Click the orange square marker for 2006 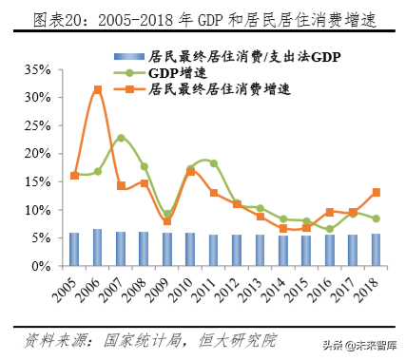coord(97,89)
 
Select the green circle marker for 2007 coord(121,138)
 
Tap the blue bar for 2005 coord(74,249)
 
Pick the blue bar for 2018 coord(376,250)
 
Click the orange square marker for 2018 coord(376,192)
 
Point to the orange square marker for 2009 coord(167,221)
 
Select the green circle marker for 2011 coord(214,163)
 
